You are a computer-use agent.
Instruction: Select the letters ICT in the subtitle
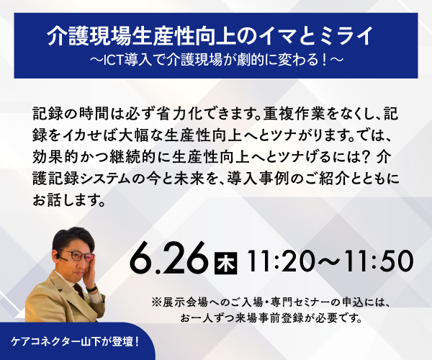112,60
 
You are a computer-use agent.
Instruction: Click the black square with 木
225,263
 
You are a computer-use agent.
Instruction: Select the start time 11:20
281,261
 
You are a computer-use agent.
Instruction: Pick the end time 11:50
379,261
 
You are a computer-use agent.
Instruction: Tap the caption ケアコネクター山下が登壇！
75,342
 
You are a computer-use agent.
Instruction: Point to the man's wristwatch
91,289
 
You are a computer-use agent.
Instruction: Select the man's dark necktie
78,289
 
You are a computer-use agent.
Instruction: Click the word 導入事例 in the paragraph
258,179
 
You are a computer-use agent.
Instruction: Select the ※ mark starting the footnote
156,302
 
